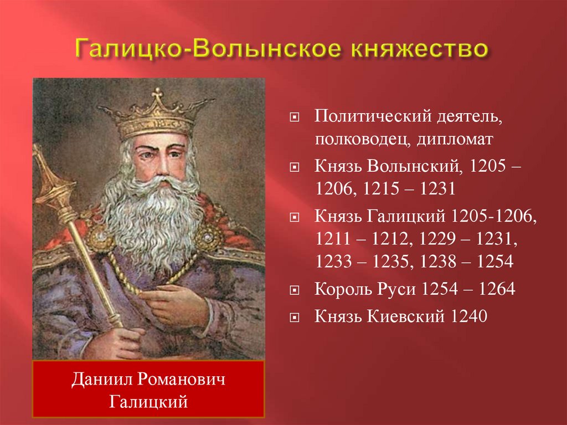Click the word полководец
coord(360,139)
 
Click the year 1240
coord(469,316)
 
